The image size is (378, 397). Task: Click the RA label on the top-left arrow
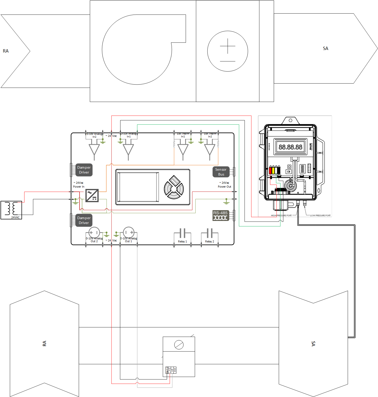pos(6,51)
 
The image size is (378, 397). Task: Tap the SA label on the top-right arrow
pos(325,48)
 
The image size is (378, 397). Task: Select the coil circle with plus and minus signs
pos(227,51)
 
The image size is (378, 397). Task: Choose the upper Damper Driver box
pos(84,170)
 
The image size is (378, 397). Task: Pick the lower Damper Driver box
pos(84,220)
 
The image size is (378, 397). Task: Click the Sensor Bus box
pos(221,172)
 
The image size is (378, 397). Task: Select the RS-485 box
pos(220,216)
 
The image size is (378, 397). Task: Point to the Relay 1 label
pos(182,241)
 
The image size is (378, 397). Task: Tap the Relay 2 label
pos(209,241)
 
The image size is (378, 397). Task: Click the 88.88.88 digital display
pos(290,147)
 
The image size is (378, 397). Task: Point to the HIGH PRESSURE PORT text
pos(281,216)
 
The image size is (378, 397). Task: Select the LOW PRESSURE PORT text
pos(320,216)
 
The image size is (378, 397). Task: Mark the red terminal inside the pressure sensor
pos(271,171)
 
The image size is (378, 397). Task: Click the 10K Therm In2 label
pos(210,135)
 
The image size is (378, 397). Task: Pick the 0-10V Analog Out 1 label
pos(129,240)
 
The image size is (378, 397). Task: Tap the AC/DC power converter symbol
pos(92,196)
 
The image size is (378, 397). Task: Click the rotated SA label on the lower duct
pos(313,344)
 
